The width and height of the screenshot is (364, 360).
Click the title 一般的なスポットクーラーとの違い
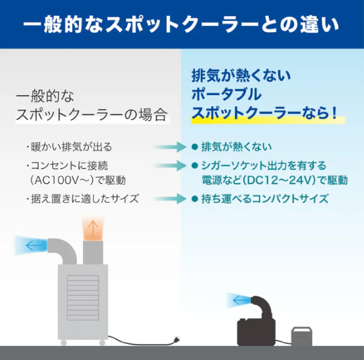point(181,24)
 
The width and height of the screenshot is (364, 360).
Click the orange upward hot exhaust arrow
point(93,229)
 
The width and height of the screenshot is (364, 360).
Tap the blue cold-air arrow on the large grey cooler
point(34,245)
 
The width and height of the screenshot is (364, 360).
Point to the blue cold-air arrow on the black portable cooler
point(241,301)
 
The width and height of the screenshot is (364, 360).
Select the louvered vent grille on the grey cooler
point(83,298)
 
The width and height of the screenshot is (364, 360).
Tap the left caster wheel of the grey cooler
point(64,343)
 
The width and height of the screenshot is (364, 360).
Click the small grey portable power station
point(302,336)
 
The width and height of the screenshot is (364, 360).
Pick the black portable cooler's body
point(256,332)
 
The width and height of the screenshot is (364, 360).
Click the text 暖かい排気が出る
point(71,147)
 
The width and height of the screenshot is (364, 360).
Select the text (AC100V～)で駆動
point(78,180)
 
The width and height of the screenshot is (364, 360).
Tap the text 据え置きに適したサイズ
point(85,199)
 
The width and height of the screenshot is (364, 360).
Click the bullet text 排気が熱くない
point(236,147)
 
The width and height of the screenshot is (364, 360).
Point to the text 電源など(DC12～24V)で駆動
point(275,180)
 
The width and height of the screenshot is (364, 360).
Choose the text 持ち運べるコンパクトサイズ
point(265,199)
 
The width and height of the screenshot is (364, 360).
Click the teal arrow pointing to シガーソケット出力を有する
point(170,166)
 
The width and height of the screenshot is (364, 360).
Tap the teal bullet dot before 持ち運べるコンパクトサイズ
point(194,199)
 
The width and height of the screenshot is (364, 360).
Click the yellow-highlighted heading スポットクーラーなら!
point(265,114)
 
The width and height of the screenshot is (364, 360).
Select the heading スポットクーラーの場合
point(92,115)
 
